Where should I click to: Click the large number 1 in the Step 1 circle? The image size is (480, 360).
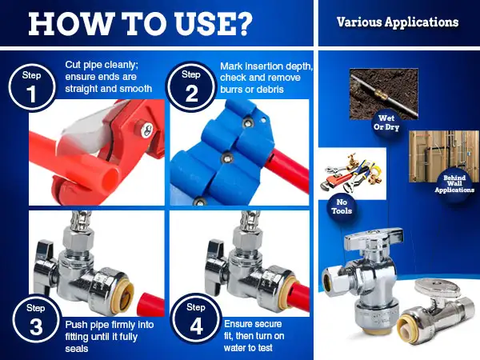click(31, 94)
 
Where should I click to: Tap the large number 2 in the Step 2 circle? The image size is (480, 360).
click(192, 94)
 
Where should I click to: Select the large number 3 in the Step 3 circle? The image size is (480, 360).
click(36, 326)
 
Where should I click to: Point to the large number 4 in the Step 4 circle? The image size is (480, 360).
click(196, 326)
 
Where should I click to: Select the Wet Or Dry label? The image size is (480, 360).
click(386, 122)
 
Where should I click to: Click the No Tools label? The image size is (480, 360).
click(342, 206)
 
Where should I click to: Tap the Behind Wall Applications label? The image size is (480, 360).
click(454, 184)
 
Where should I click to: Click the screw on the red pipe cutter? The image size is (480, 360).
click(146, 129)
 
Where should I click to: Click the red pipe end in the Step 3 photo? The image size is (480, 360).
click(150, 304)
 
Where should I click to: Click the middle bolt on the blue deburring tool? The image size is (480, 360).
click(227, 158)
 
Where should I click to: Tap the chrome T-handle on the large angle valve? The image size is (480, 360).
click(373, 237)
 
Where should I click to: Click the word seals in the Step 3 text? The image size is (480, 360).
click(77, 349)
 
